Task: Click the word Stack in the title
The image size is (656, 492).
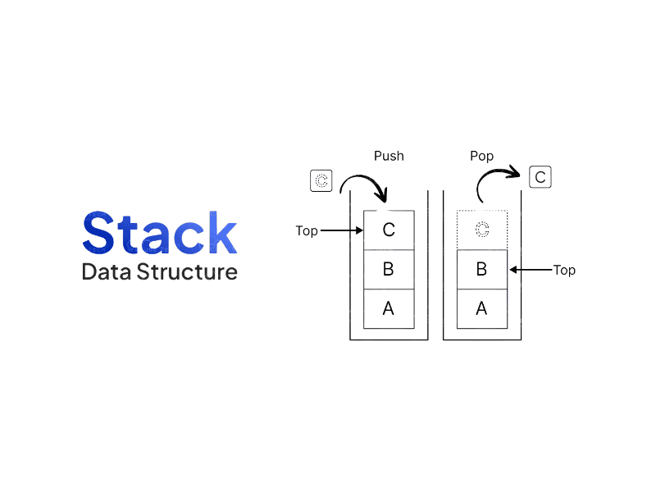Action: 159,233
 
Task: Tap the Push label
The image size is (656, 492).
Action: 389,156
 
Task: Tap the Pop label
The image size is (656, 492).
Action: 481,156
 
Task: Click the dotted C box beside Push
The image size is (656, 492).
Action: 321,181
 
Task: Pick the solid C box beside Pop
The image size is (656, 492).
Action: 540,176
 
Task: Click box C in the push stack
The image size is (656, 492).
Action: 389,230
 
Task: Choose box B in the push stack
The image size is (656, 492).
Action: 389,269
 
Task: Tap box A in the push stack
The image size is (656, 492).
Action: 389,308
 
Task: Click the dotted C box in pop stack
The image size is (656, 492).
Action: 481,230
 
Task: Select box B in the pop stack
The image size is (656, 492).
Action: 481,269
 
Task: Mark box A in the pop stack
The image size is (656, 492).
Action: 481,308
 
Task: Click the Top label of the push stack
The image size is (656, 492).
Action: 306,231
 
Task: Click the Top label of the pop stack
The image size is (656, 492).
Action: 564,270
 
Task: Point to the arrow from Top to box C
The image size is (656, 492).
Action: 342,231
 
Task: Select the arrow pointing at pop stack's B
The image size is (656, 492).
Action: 530,269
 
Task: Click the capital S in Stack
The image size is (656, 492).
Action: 98,233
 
